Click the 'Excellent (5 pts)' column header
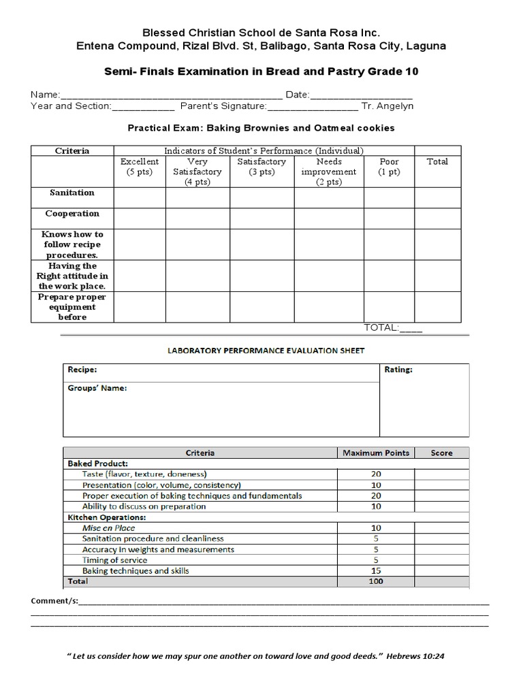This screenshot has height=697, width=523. pyautogui.click(x=140, y=167)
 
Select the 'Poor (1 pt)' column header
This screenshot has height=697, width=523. pyautogui.click(x=390, y=167)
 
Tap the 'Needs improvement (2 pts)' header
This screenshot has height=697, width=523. pyautogui.click(x=329, y=172)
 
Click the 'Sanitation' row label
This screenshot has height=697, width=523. pyautogui.click(x=72, y=193)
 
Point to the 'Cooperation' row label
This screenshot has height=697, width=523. pyautogui.click(x=72, y=214)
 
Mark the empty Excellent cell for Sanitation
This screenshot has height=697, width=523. pyautogui.click(x=140, y=197)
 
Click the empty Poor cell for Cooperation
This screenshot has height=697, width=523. pyautogui.click(x=390, y=218)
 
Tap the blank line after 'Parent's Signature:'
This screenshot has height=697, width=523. pyautogui.click(x=313, y=107)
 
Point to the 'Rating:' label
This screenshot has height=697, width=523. pyautogui.click(x=398, y=370)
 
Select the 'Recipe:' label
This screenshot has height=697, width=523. pyautogui.click(x=82, y=370)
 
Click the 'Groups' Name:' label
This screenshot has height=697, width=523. pyautogui.click(x=97, y=389)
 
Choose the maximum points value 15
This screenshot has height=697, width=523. pyautogui.click(x=375, y=570)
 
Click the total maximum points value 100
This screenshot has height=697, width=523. pyautogui.click(x=375, y=581)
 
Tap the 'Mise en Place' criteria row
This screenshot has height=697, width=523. pyautogui.click(x=109, y=528)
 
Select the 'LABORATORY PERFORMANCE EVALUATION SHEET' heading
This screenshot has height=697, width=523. pyautogui.click(x=266, y=351)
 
